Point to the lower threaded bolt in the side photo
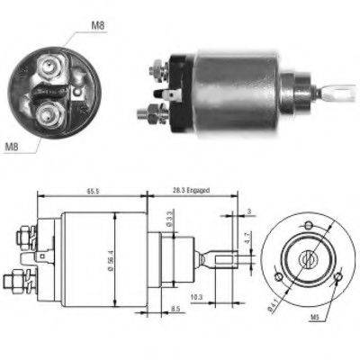[150, 114]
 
